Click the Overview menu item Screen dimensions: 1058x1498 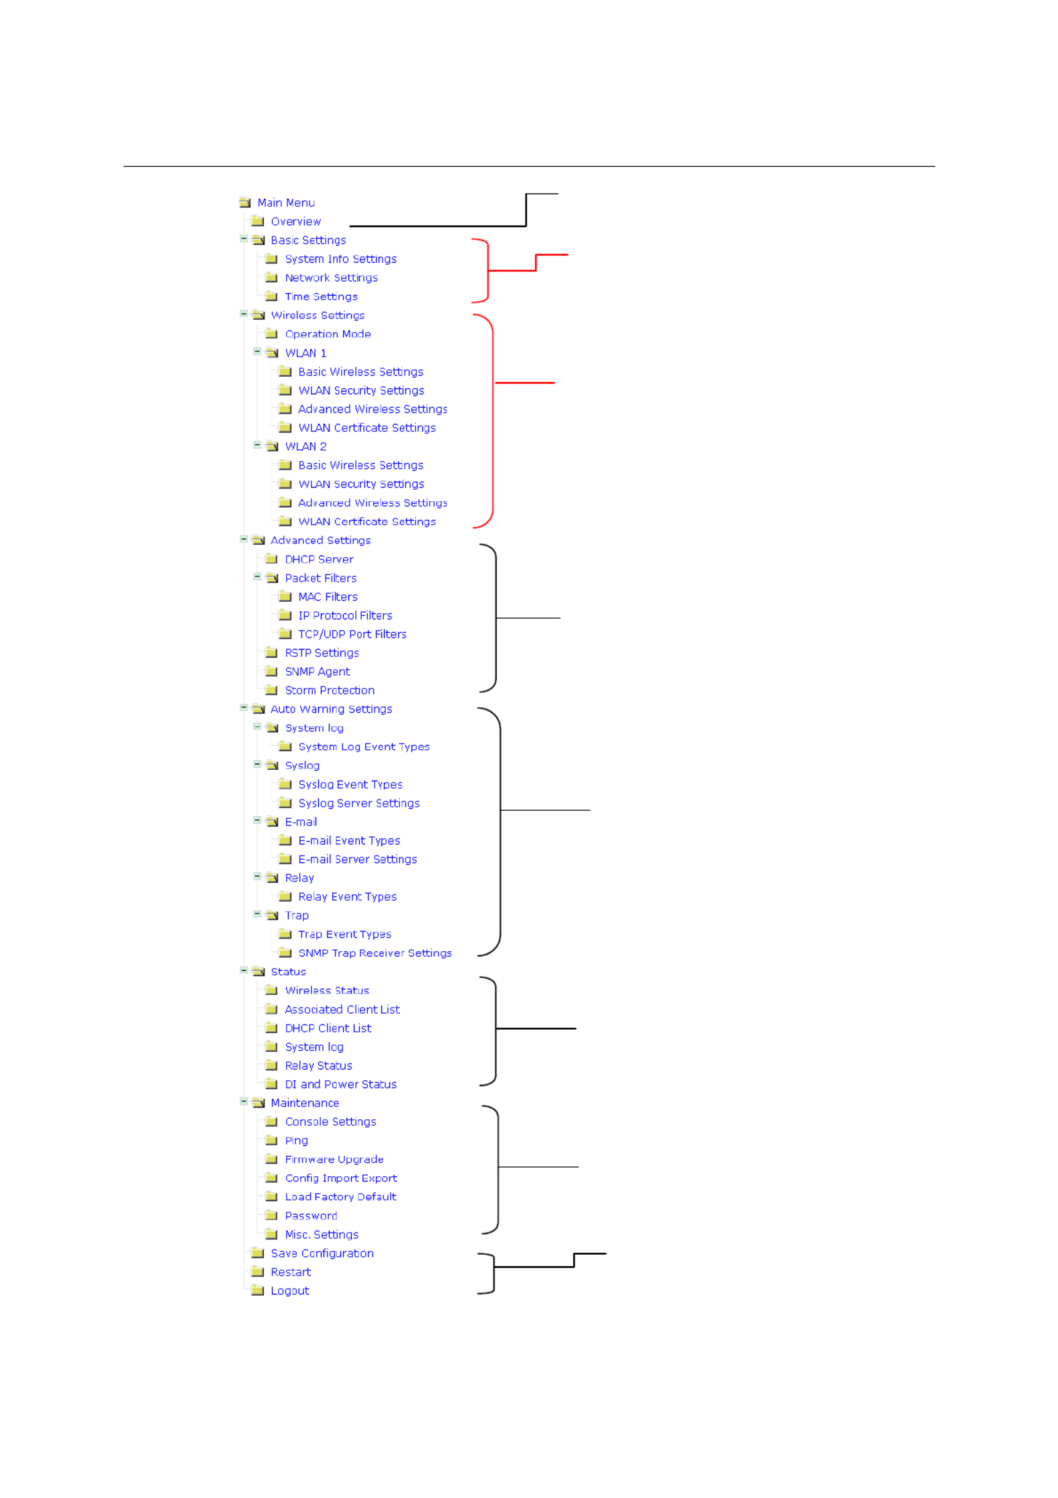[x=295, y=221]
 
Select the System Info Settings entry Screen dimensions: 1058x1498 [x=340, y=259]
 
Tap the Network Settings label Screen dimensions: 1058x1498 [x=331, y=277]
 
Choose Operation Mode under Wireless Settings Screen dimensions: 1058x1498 [x=328, y=334]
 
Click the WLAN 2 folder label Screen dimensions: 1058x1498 [x=305, y=446]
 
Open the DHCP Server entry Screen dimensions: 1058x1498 [x=319, y=559]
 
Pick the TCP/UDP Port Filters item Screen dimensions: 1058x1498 [x=352, y=634]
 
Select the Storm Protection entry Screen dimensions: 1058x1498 [x=330, y=690]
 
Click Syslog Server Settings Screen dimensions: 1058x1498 [x=358, y=803]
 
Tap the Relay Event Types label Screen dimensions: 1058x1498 [x=347, y=897]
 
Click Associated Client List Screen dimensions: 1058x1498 [x=342, y=1009]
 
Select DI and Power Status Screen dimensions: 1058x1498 [x=340, y=1084]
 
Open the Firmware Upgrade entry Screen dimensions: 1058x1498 [x=334, y=1159]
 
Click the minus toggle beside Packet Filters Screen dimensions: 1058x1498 [x=256, y=577]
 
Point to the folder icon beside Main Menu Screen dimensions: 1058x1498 [x=244, y=202]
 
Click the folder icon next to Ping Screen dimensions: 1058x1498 [x=271, y=1140]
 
